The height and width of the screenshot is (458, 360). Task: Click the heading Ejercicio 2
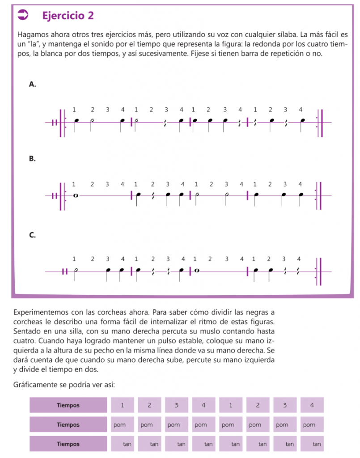(68, 16)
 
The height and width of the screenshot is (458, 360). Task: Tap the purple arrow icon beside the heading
(22, 15)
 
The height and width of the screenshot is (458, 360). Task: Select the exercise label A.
(32, 84)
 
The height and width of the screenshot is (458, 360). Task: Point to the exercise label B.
(32, 158)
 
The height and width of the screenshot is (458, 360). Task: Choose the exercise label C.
(32, 234)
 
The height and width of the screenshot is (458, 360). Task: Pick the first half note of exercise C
(76, 271)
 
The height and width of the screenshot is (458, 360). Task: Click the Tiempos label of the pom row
(68, 424)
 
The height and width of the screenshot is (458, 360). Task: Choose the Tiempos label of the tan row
(68, 444)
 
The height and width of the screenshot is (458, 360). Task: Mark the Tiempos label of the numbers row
(68, 405)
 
